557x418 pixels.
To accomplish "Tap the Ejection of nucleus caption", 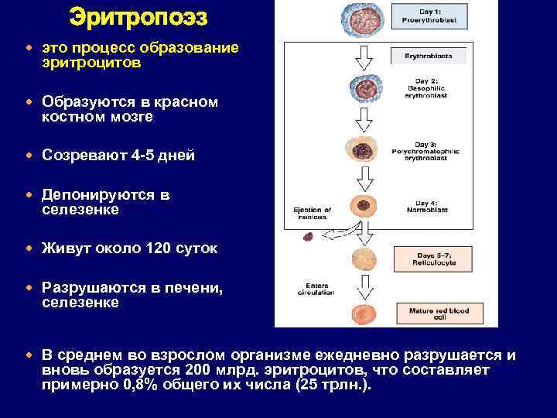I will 313,213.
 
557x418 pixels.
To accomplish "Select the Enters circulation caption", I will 316,289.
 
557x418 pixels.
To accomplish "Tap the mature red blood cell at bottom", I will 361,314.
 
